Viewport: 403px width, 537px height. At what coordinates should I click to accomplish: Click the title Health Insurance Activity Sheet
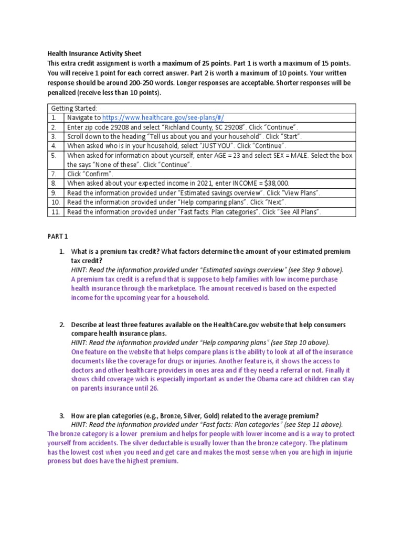click(94, 53)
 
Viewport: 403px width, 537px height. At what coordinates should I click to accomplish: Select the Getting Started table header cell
click(74, 108)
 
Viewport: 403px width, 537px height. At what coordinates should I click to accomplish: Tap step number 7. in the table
click(54, 174)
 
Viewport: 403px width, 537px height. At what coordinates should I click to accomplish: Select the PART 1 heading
click(58, 237)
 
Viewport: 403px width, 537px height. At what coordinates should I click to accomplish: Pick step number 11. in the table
click(55, 212)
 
